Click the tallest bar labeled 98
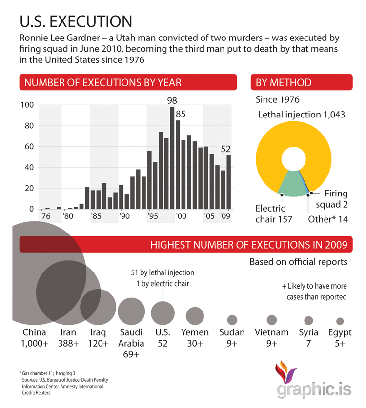pos(172,158)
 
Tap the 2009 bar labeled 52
pos(229,182)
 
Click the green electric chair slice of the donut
pos(293,184)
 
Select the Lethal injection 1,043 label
pos(301,115)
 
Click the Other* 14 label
pos(328,219)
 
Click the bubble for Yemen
pos(195,316)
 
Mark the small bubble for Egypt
pos(340,321)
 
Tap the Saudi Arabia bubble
pos(131,310)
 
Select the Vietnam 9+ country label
pos(272,338)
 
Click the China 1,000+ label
pos(35,338)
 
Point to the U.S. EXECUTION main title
pos(76,21)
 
